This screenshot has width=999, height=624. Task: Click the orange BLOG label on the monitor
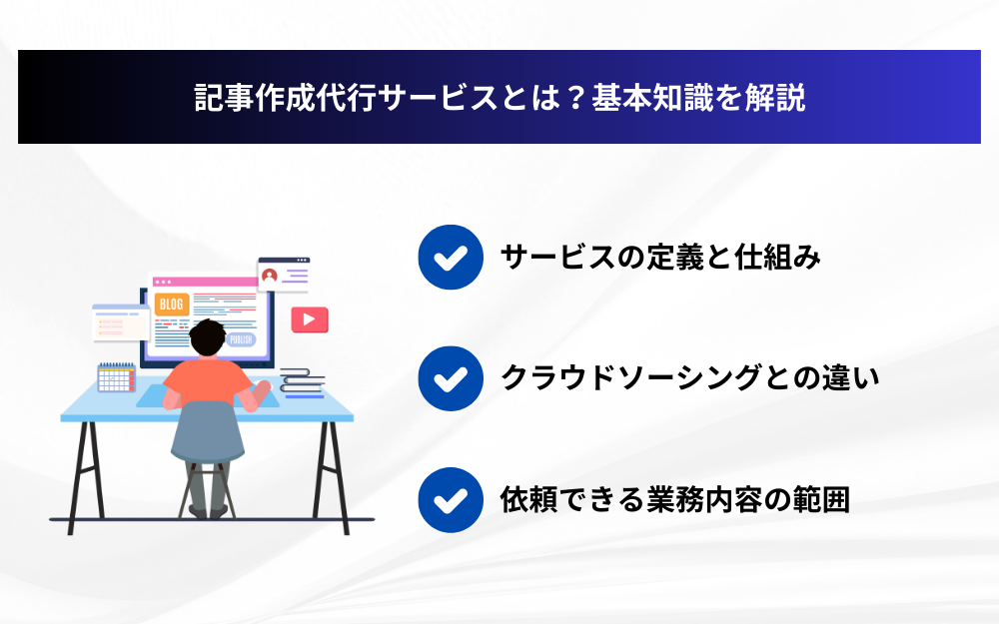click(x=172, y=305)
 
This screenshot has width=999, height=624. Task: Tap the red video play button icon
click(x=310, y=319)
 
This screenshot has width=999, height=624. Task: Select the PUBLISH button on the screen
click(x=241, y=339)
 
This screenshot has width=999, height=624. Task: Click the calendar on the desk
click(x=116, y=377)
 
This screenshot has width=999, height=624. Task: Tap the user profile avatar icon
click(x=270, y=276)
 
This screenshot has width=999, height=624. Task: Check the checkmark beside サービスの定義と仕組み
click(x=451, y=257)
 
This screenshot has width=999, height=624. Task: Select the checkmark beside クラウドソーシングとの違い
click(x=451, y=378)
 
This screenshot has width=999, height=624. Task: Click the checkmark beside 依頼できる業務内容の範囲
click(x=451, y=500)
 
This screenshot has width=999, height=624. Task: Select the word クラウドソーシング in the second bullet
click(x=630, y=378)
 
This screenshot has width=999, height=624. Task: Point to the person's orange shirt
click(x=208, y=382)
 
